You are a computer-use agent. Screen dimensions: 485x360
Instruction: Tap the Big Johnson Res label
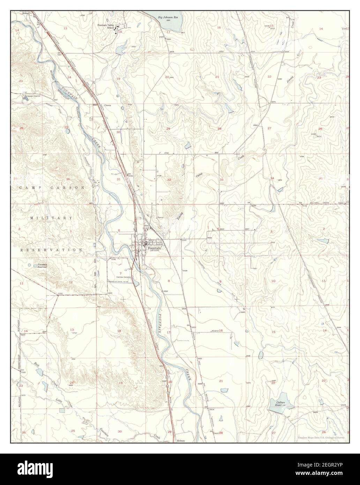point(168,16)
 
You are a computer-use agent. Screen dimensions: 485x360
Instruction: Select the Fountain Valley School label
point(106,27)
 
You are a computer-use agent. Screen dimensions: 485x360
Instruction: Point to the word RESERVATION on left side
point(51,250)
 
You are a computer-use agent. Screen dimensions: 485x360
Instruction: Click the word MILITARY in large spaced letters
point(51,218)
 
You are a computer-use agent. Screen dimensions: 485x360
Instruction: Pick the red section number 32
point(169,180)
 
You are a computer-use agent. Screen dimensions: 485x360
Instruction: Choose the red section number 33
point(221,180)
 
